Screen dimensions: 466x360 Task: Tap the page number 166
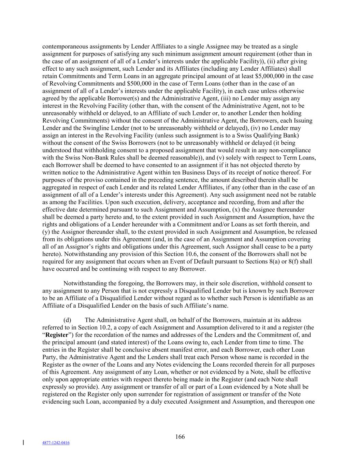(x=180, y=437)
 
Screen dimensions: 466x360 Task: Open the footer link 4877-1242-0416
(x=56, y=443)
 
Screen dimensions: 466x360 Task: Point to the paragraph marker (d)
(x=67, y=320)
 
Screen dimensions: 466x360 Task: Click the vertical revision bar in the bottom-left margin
(x=23, y=443)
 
